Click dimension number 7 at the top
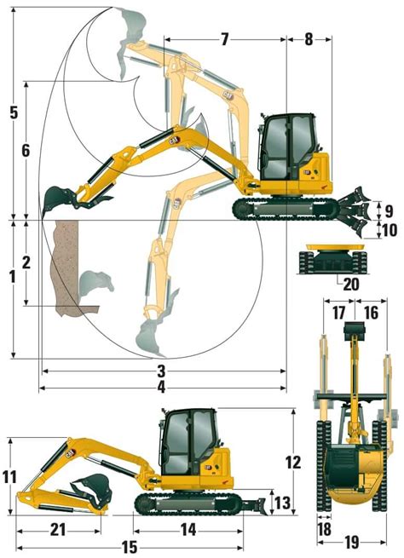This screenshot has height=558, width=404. click(x=225, y=38)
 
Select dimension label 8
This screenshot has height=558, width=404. click(x=308, y=38)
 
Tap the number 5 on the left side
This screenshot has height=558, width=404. click(x=12, y=112)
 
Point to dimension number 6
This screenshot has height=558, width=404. click(x=26, y=150)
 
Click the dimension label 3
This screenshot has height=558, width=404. click(x=160, y=371)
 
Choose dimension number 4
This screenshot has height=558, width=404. click(x=160, y=388)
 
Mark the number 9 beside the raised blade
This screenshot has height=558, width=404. click(x=388, y=210)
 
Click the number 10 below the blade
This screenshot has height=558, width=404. click(x=388, y=230)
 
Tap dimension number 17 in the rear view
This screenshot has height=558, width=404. click(x=338, y=313)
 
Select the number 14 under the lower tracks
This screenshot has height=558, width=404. click(x=189, y=529)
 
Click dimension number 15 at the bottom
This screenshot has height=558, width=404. click(x=130, y=547)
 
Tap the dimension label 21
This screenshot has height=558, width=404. click(x=57, y=529)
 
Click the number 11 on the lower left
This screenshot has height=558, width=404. click(x=10, y=477)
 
